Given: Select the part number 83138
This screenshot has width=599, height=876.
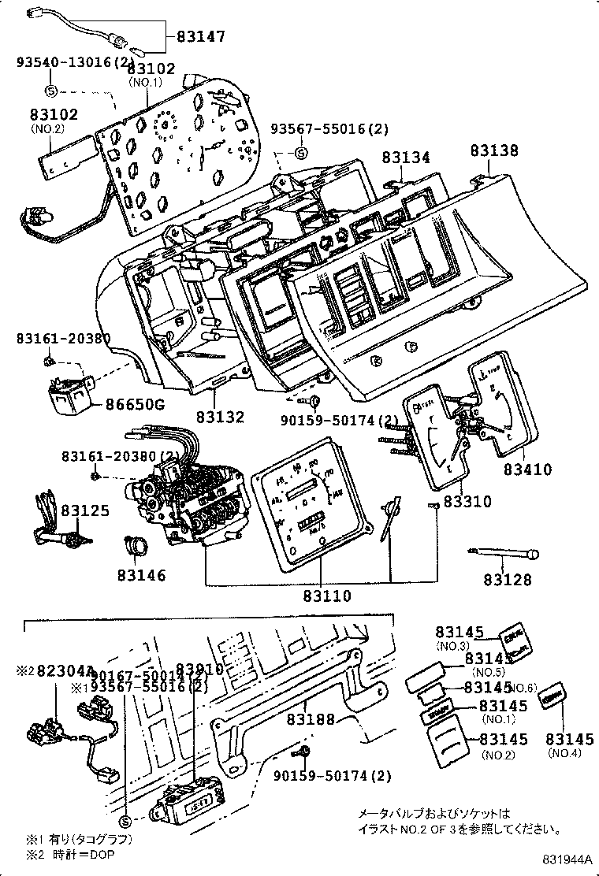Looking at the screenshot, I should point(494,150).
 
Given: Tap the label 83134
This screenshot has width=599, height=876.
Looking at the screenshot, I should point(406,158).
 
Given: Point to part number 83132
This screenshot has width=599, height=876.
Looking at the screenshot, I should point(221,418).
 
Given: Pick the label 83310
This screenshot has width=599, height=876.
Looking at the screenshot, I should point(467,501).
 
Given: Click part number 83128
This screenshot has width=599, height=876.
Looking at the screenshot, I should point(508,580).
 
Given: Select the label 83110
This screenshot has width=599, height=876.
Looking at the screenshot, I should point(327,596).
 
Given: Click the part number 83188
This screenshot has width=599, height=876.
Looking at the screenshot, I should point(311,718).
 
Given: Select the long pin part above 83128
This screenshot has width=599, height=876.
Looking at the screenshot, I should point(504,553).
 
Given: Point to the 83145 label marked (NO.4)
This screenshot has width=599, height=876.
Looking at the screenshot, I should point(570,739).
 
